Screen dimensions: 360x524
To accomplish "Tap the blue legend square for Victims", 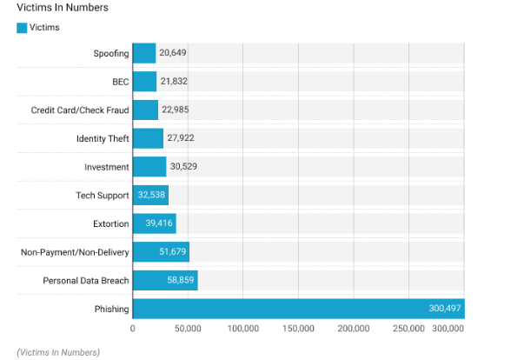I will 22,28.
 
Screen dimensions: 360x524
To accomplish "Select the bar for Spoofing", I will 144,53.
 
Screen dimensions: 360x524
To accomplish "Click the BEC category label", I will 120,82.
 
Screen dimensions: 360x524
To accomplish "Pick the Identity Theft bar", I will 148,138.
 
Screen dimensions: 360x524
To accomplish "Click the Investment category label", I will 107,167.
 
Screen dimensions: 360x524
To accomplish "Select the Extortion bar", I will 154,223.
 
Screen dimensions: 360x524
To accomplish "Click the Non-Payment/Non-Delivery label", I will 75,252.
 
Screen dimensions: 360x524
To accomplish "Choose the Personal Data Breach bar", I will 164,280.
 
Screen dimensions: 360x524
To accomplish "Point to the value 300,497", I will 445,309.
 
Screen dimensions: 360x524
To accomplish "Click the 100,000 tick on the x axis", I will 242,329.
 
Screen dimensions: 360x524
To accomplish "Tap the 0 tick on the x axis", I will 132,329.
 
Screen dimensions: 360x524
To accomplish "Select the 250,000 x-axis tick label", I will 408,329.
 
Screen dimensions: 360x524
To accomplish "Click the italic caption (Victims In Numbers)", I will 58,351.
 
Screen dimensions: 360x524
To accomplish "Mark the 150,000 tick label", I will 298,329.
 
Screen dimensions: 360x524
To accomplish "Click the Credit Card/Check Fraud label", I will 80,110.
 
